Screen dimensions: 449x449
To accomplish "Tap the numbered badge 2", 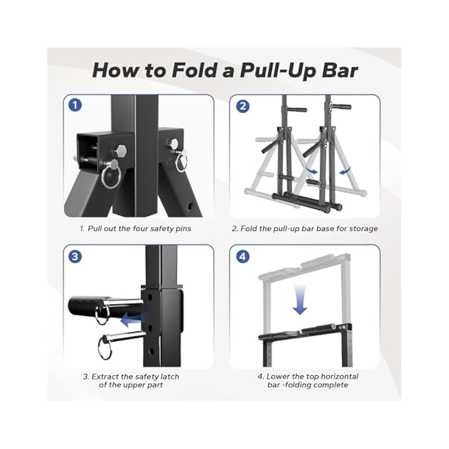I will pyautogui.click(x=242, y=106).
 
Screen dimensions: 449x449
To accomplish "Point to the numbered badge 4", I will pyautogui.click(x=242, y=257).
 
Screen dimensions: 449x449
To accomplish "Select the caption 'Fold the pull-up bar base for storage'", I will pyautogui.click(x=305, y=229).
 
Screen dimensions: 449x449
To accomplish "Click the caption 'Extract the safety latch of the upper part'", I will pyautogui.click(x=131, y=381).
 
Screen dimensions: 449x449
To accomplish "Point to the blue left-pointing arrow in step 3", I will pyautogui.click(x=134, y=319).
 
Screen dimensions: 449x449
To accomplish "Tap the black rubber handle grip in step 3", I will pyautogui.click(x=84, y=307).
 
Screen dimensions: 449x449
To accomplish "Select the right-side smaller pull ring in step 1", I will pyautogui.click(x=181, y=165).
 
